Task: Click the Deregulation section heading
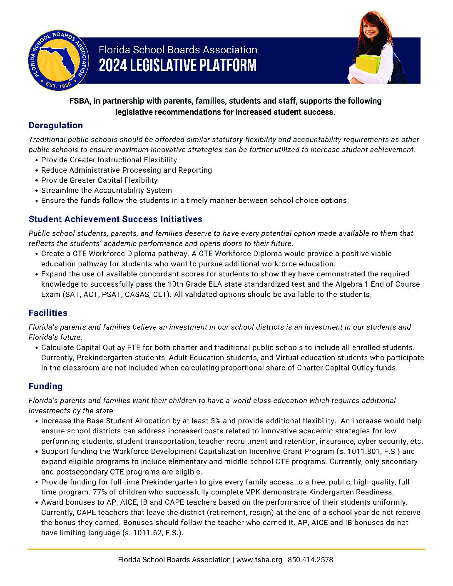click(56, 125)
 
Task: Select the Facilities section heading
click(48, 313)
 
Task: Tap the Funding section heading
click(45, 386)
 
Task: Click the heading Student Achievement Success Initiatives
click(115, 219)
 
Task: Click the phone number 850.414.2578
click(310, 560)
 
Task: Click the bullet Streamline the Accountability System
click(106, 190)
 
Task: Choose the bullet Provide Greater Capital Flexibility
click(99, 180)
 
